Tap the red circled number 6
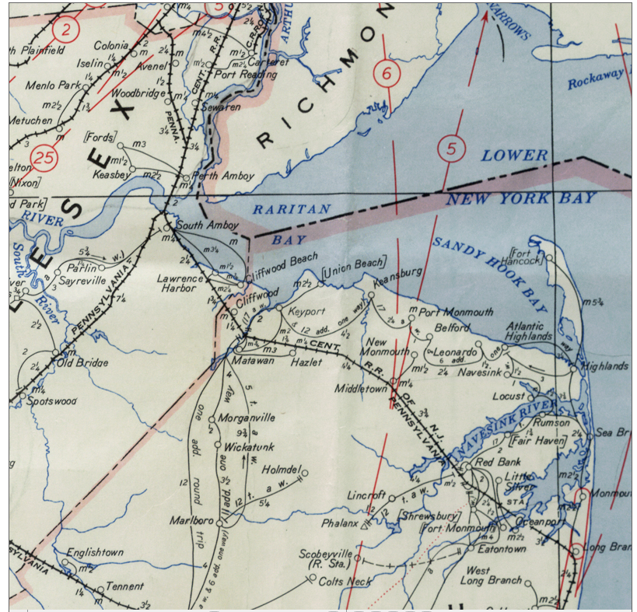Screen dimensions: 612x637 [387, 75]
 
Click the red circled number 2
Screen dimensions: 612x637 [67, 30]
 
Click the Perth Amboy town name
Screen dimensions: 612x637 [228, 176]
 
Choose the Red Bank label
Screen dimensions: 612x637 [492, 462]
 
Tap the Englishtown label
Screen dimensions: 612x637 [94, 552]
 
